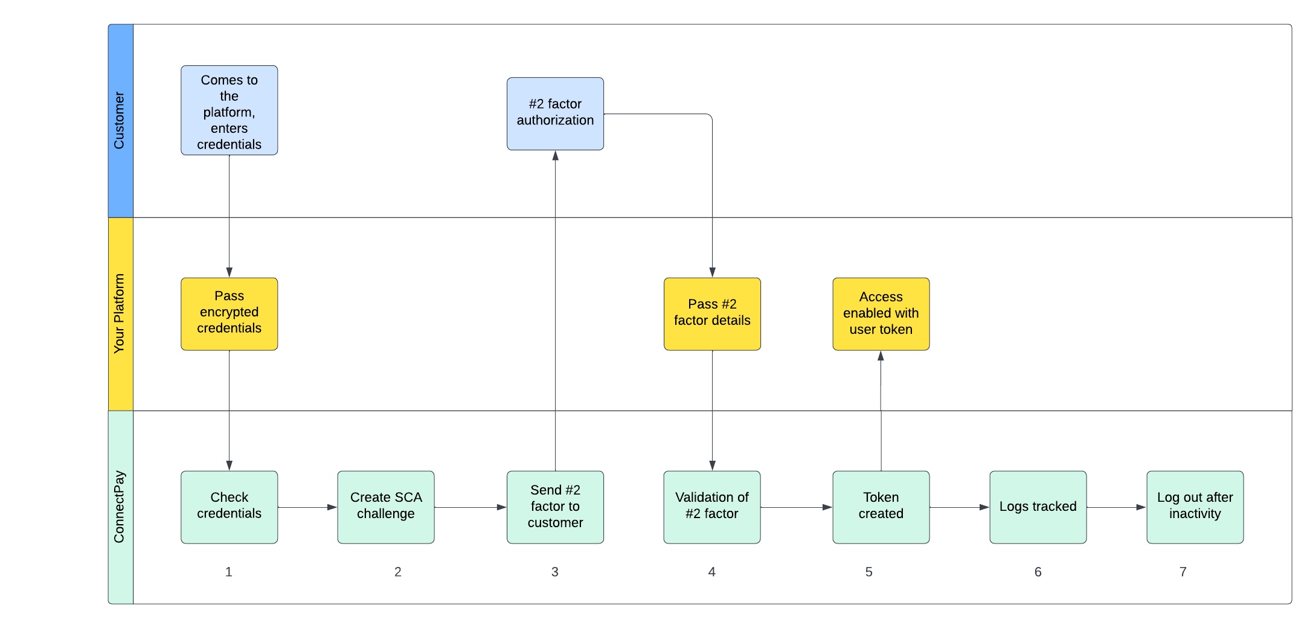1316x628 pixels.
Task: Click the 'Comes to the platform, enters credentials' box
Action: click(x=229, y=111)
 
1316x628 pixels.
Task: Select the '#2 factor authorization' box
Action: click(x=555, y=114)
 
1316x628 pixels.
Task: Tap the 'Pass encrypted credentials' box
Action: click(x=229, y=313)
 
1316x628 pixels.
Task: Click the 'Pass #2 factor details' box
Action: click(x=712, y=313)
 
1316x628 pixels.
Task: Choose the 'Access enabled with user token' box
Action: click(x=881, y=313)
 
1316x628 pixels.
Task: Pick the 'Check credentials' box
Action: click(x=229, y=507)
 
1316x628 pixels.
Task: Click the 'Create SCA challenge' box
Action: click(x=386, y=507)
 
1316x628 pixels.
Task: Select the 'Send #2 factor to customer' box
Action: click(x=555, y=507)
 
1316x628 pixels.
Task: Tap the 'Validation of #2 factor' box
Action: click(x=712, y=507)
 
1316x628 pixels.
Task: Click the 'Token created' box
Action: click(x=881, y=507)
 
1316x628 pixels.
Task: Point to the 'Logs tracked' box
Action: click(x=1038, y=507)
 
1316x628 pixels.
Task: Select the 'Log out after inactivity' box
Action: click(x=1195, y=507)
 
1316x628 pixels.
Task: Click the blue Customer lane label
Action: click(x=120, y=121)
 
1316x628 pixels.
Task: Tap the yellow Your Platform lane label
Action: click(x=120, y=314)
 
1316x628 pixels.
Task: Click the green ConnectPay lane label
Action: click(x=120, y=507)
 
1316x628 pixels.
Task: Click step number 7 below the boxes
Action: click(x=1183, y=572)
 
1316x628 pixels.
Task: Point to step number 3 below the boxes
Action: click(x=554, y=572)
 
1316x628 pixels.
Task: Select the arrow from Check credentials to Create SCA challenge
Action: click(x=307, y=507)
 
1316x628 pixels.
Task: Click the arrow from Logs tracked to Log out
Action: click(x=1116, y=507)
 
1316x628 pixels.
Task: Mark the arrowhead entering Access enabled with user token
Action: click(x=881, y=356)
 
